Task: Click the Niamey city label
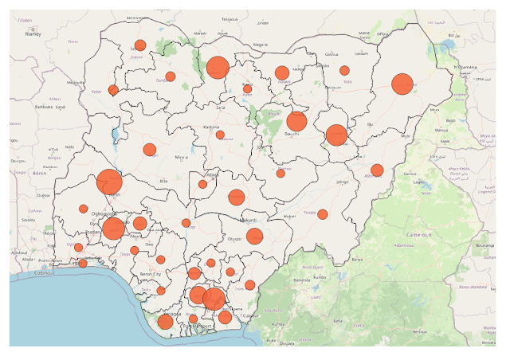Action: tap(33, 34)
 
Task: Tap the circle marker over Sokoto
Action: tap(140, 45)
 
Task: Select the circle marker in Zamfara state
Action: tap(171, 76)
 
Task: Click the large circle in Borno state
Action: tap(402, 84)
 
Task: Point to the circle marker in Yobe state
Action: tap(344, 71)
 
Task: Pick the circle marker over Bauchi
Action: tap(296, 121)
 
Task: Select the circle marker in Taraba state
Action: tap(323, 213)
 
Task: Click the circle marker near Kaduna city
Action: tap(220, 135)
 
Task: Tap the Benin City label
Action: tap(150, 274)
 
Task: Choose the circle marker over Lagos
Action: tap(83, 262)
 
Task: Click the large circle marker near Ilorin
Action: tap(109, 182)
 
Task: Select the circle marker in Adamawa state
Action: tap(377, 170)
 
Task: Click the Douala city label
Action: tap(286, 343)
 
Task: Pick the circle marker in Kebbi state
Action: tap(113, 90)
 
